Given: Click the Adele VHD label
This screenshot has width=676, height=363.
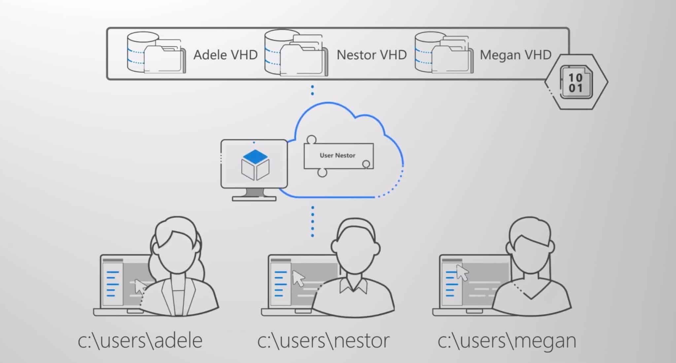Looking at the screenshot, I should (x=225, y=55).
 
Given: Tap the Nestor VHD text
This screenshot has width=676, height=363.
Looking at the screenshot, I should (x=371, y=55).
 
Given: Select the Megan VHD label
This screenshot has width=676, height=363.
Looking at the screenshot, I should (x=515, y=55).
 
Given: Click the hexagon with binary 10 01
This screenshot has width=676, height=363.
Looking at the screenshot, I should (x=576, y=82).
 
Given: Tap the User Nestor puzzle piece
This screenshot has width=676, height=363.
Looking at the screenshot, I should (x=338, y=155).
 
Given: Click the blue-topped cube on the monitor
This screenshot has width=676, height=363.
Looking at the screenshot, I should (x=255, y=165).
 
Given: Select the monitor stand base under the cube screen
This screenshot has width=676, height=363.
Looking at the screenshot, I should (x=254, y=198).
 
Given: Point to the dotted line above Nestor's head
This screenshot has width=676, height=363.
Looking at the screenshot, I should (x=312, y=221).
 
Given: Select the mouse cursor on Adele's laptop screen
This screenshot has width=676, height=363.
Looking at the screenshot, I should (x=140, y=286).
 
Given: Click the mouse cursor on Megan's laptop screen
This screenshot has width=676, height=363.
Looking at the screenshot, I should (x=462, y=272).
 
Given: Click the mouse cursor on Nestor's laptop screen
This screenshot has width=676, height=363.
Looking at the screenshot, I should (x=299, y=278).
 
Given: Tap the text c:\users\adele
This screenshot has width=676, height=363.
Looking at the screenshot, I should (x=140, y=341).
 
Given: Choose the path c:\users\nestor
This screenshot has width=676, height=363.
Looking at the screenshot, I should (x=323, y=341).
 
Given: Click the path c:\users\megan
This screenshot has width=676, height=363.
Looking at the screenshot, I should (x=507, y=341).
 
